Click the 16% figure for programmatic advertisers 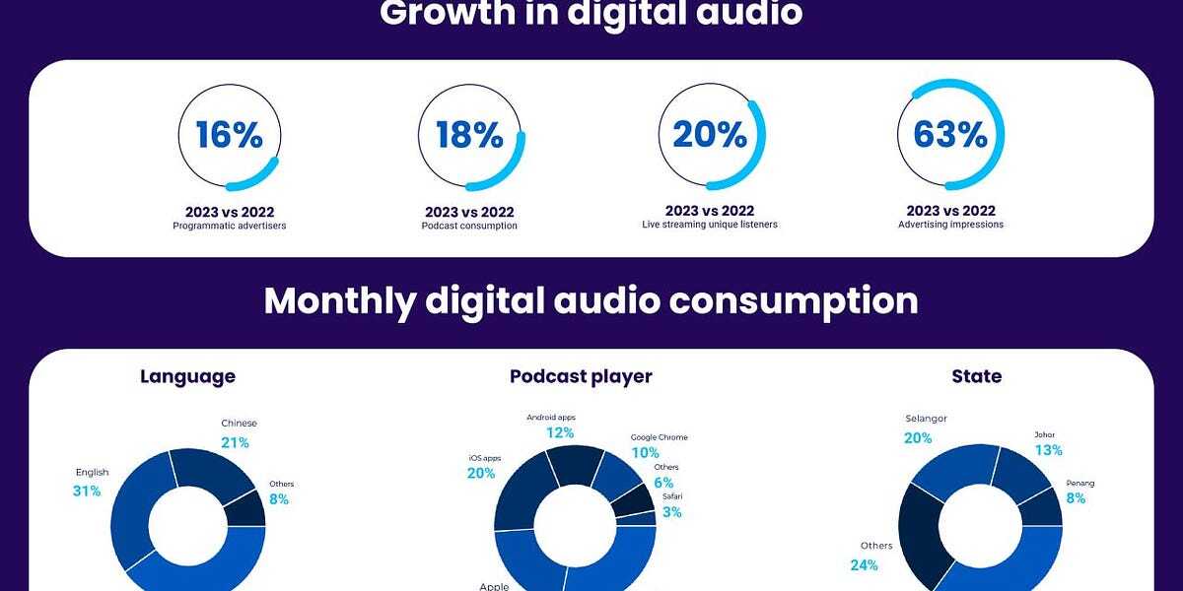[x=229, y=135]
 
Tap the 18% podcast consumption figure [x=469, y=135]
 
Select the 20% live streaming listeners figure [x=710, y=135]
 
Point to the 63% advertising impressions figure [x=950, y=135]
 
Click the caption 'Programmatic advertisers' [x=229, y=226]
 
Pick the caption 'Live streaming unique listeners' [x=710, y=226]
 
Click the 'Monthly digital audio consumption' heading [x=591, y=300]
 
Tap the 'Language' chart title [x=187, y=376]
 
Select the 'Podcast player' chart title [x=581, y=376]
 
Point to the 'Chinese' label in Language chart [x=239, y=424]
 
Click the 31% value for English [x=87, y=491]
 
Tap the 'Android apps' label [x=552, y=417]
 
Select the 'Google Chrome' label [x=660, y=437]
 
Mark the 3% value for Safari [x=670, y=512]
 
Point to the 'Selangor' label [x=926, y=419]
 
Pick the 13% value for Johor [x=1049, y=450]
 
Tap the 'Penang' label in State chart [x=1080, y=483]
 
